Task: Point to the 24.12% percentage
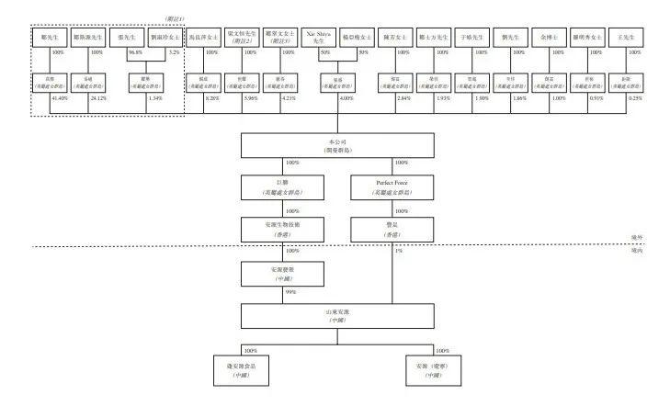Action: pos(97,96)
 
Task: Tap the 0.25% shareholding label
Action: pos(636,96)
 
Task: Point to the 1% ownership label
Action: pos(398,252)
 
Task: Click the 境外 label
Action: pos(636,238)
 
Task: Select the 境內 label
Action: pos(636,250)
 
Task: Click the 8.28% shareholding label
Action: pos(211,96)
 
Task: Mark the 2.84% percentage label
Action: pos(403,96)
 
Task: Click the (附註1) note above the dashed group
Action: pos(172,18)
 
